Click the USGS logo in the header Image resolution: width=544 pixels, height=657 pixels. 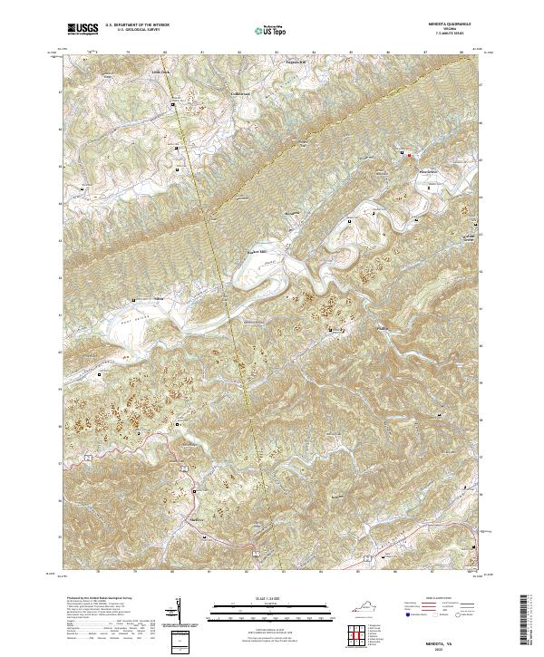coord(83,29)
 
